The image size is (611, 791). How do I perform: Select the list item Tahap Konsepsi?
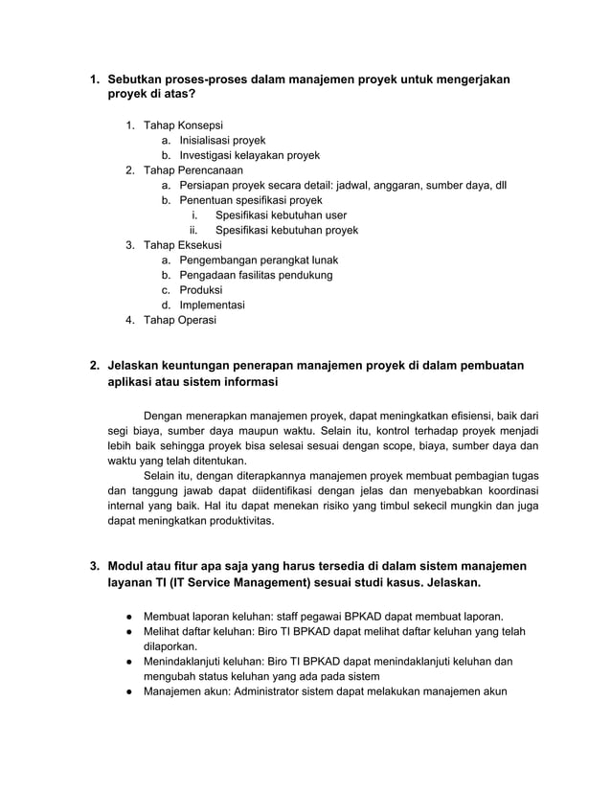pyautogui.click(x=183, y=124)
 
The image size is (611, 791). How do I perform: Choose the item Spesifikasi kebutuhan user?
pyautogui.click(x=281, y=215)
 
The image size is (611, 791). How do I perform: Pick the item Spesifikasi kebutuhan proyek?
pyautogui.click(x=286, y=230)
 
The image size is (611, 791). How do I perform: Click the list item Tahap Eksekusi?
pyautogui.click(x=182, y=245)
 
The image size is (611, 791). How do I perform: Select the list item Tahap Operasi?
pyautogui.click(x=179, y=320)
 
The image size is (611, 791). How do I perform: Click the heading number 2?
pyautogui.click(x=94, y=366)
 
